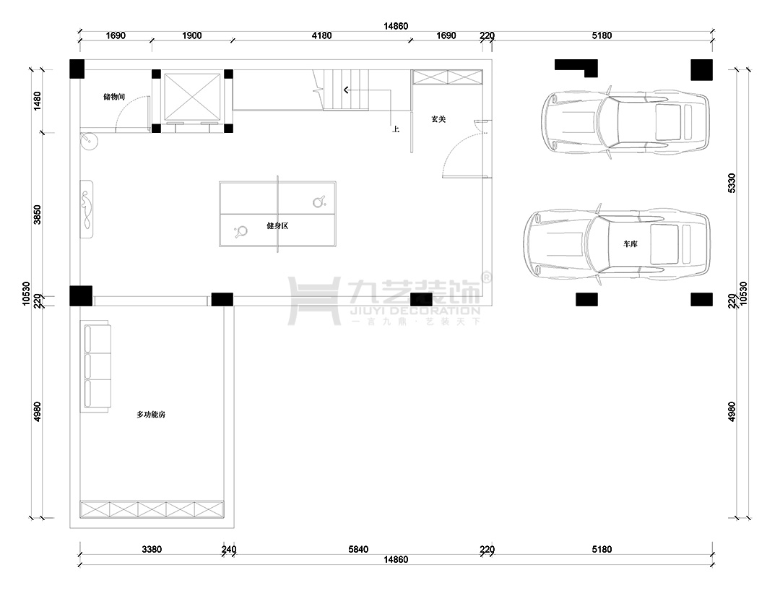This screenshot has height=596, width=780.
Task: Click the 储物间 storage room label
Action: tap(114, 97)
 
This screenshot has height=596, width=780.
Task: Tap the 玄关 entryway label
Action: tap(438, 119)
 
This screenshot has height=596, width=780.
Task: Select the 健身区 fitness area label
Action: tap(277, 226)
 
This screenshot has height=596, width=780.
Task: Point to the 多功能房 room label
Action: tap(151, 415)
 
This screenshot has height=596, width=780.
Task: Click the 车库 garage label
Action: tap(630, 243)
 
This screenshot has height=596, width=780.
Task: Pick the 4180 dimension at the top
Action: tap(321, 35)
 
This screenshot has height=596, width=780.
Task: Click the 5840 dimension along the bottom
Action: tap(358, 549)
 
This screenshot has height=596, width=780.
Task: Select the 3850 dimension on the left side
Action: tap(37, 215)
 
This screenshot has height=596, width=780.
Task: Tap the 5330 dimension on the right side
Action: tap(731, 183)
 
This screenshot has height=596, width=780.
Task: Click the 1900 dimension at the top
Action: tap(192, 35)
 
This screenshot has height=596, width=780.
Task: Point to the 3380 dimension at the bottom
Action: tap(152, 549)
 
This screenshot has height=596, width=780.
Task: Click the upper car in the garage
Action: tap(625, 122)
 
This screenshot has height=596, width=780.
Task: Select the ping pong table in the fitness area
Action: tap(277, 215)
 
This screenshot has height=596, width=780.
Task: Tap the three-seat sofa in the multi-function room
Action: tap(97, 367)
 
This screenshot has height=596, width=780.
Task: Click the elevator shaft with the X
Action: tap(192, 97)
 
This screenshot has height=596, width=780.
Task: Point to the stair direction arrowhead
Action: tap(346, 90)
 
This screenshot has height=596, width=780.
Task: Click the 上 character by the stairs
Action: tap(396, 129)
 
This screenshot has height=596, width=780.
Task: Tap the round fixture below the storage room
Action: tap(90, 142)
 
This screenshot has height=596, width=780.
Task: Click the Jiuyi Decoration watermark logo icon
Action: tap(314, 301)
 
